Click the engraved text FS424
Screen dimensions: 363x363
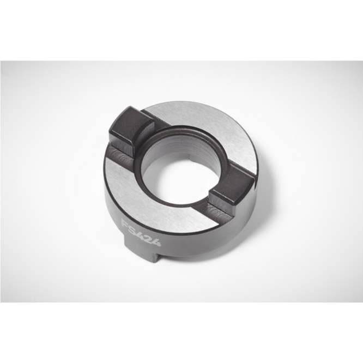click(x=141, y=233)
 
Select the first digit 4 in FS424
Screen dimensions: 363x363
click(x=142, y=234)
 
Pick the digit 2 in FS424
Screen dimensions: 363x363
click(x=149, y=238)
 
